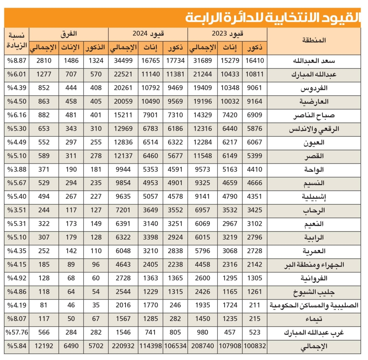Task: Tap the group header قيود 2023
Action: (227, 34)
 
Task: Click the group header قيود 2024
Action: (148, 34)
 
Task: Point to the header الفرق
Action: (68, 34)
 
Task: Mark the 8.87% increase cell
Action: (17, 61)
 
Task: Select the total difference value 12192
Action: (44, 346)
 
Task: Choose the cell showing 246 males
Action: (175, 305)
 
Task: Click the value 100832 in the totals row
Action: (255, 346)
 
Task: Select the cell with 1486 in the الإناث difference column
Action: (70, 61)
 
